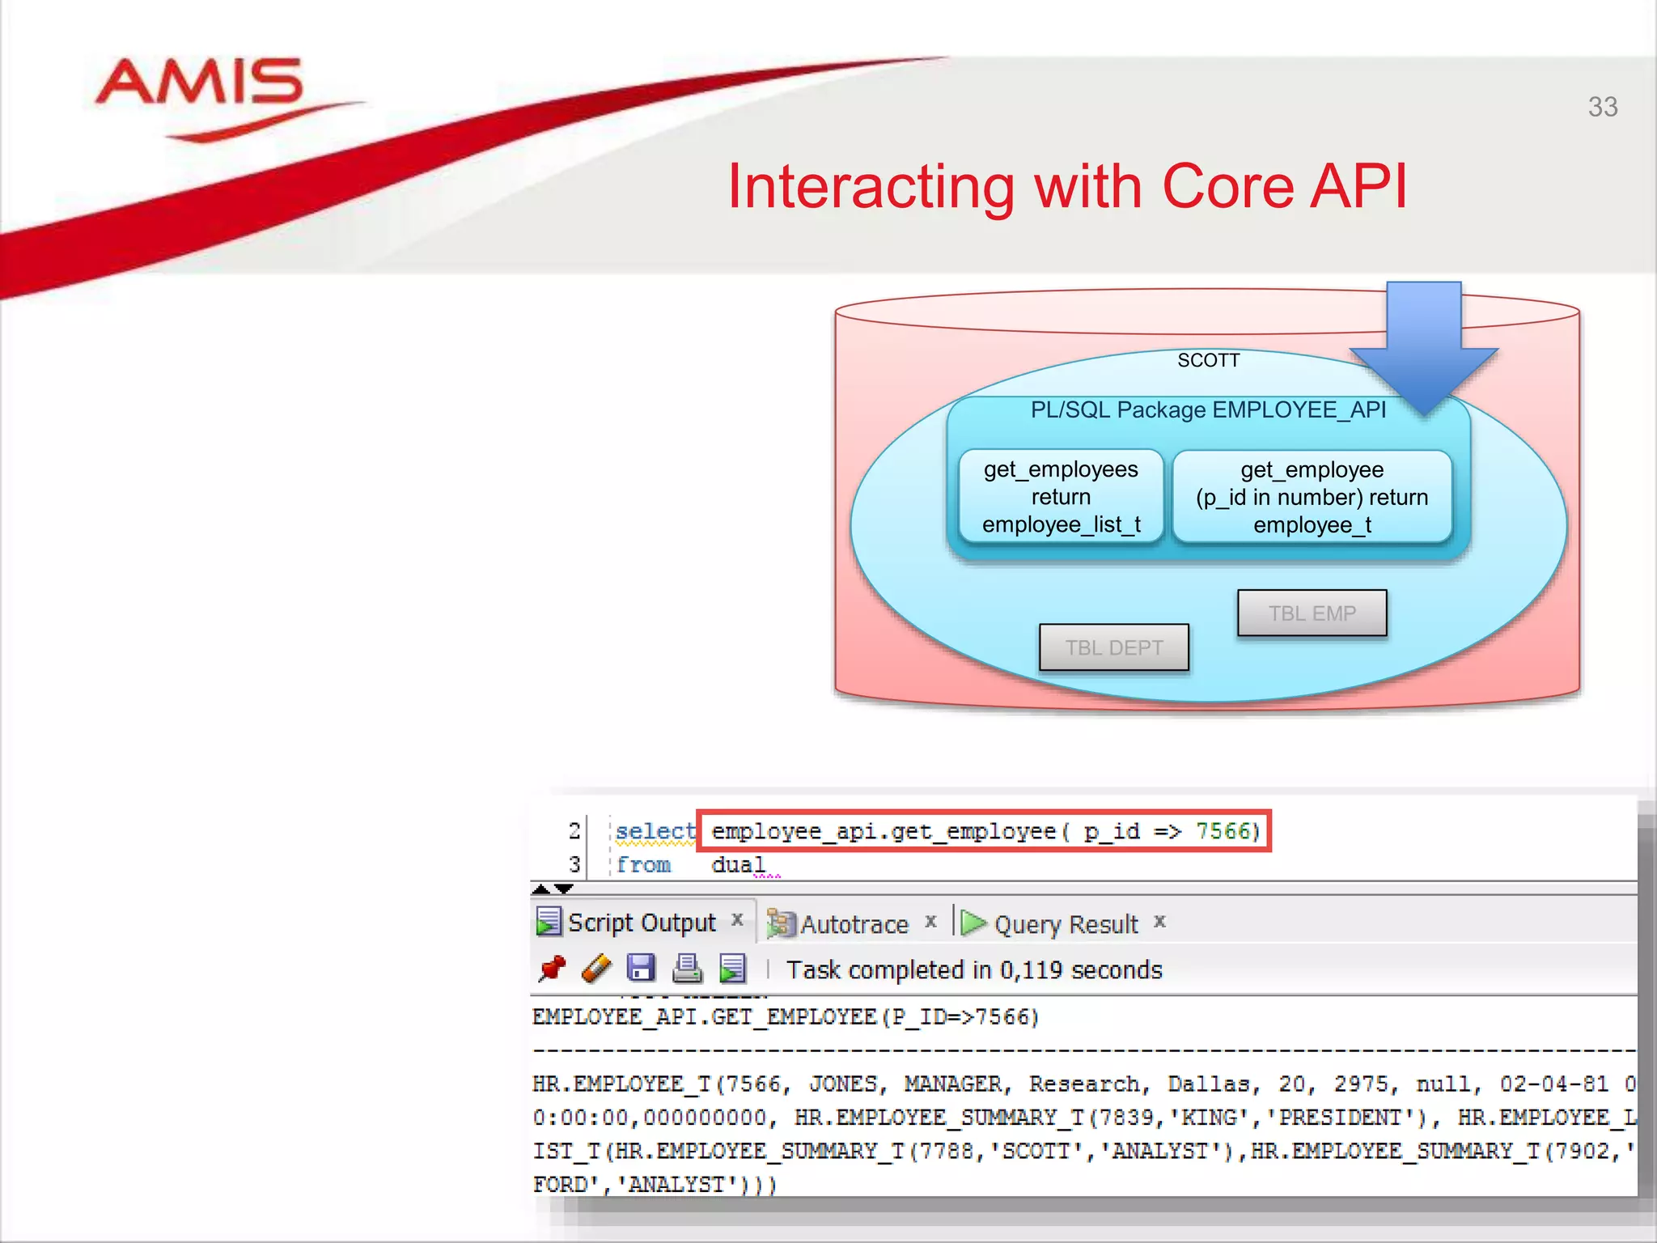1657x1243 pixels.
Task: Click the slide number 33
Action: coord(1602,107)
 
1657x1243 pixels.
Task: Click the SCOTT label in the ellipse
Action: coord(1208,361)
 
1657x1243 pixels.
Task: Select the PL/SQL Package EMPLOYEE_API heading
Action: coord(1208,410)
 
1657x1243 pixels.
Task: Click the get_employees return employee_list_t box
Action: coord(1061,497)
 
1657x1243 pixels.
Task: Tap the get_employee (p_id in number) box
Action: coord(1312,497)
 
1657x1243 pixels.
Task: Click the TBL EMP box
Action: coord(1312,613)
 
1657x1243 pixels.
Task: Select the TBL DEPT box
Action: coord(1113,647)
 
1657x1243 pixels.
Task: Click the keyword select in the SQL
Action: coord(655,831)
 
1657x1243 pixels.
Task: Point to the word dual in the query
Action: coord(737,865)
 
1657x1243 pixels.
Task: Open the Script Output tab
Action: coord(641,923)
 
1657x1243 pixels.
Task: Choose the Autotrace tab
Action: coord(854,924)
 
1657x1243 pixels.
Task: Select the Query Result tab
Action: coord(1065,924)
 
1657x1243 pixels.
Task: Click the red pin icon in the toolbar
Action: coord(553,969)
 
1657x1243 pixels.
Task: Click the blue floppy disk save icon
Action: coord(641,969)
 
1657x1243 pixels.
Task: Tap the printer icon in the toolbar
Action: coord(687,969)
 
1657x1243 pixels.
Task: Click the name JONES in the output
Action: coord(843,1084)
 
